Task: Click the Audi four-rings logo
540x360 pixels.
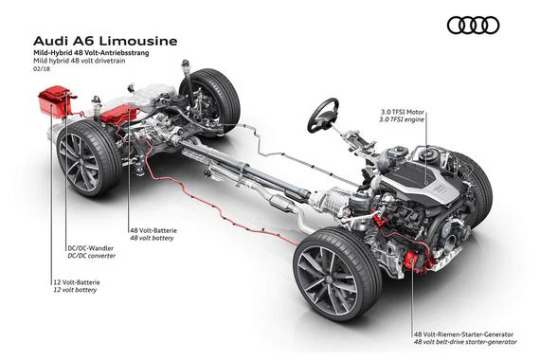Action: (x=473, y=26)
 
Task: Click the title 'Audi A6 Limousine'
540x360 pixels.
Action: (x=105, y=41)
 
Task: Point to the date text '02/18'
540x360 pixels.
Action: (x=42, y=68)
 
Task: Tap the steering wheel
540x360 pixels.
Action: (x=323, y=115)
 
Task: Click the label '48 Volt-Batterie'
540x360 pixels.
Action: (x=153, y=230)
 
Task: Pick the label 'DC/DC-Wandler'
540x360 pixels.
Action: (x=91, y=248)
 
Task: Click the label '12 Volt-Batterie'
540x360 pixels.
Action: (x=77, y=282)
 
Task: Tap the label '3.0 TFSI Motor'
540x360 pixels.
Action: (x=403, y=113)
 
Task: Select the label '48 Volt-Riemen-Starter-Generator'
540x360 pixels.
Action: (x=463, y=334)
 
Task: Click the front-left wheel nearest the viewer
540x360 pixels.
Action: (x=337, y=274)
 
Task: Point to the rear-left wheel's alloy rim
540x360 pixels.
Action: (x=79, y=162)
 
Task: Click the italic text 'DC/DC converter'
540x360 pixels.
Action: (x=92, y=256)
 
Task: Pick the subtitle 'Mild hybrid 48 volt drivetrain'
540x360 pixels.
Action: (x=79, y=61)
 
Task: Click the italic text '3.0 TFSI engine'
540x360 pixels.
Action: (x=402, y=119)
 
